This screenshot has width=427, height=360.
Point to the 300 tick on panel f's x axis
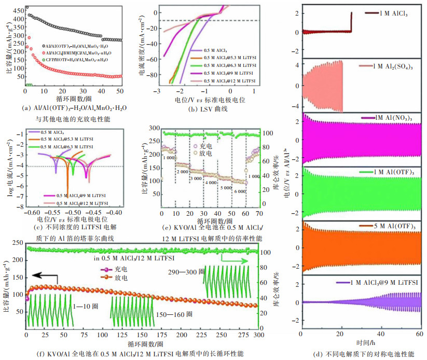click(x=257, y=335)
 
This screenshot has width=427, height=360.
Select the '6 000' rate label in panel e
click(x=240, y=191)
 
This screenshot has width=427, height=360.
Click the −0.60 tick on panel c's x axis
click(x=32, y=213)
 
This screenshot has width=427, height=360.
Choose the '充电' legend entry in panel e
click(x=206, y=146)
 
